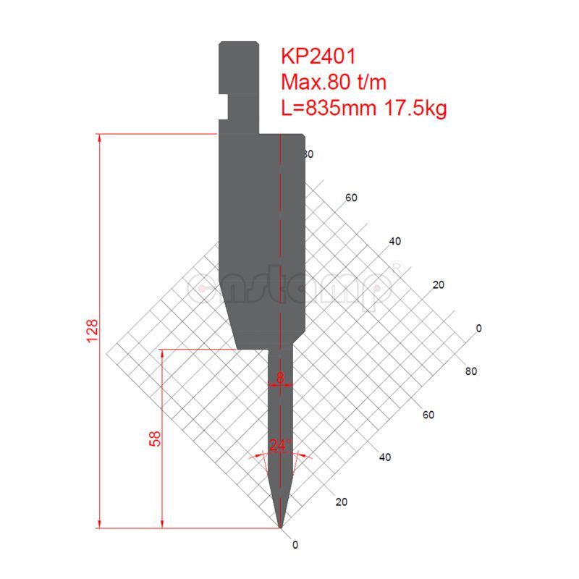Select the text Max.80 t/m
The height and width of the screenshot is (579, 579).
point(335,83)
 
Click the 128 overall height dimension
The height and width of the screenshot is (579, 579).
point(92,331)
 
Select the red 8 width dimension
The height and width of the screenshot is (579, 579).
point(281,377)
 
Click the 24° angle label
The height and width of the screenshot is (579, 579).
point(279,446)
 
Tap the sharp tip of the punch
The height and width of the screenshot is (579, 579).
point(281,526)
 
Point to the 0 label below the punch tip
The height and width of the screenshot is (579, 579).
point(295,544)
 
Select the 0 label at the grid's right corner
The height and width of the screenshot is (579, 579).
point(478,329)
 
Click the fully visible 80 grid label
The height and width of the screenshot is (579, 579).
point(470,372)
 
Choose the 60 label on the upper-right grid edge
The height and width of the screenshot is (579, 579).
point(352,198)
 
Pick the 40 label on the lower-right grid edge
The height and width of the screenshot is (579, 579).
point(384,457)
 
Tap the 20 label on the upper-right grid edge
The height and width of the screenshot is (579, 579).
point(437,285)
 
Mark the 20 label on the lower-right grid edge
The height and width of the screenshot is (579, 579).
point(341,502)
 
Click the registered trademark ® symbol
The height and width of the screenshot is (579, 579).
point(397,268)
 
